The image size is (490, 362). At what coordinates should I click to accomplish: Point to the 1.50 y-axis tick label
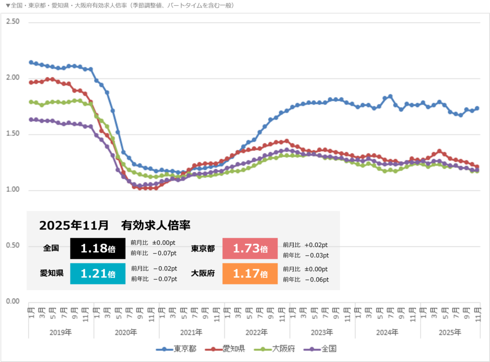pyautogui.click(x=12, y=134)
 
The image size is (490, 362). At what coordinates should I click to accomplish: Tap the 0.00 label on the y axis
pyautogui.click(x=12, y=301)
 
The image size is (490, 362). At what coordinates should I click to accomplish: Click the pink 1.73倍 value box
pyautogui.click(x=250, y=249)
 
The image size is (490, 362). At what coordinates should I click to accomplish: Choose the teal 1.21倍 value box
pyautogui.click(x=98, y=274)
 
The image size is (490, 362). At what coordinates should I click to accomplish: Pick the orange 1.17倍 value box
pyautogui.click(x=250, y=274)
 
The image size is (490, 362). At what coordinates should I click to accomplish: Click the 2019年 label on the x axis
pyautogui.click(x=61, y=332)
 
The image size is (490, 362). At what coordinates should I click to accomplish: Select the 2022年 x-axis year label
pyautogui.click(x=257, y=332)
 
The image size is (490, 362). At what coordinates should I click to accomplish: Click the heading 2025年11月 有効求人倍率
pyautogui.click(x=115, y=225)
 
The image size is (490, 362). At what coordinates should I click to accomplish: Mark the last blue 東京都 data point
pyautogui.click(x=477, y=108)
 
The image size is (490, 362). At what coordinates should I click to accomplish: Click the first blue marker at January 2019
pyautogui.click(x=31, y=62)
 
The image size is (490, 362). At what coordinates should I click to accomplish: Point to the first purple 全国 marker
pyautogui.click(x=31, y=119)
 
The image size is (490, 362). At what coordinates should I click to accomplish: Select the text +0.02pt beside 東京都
pyautogui.click(x=313, y=244)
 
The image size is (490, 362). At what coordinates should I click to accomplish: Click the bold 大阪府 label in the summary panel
pyautogui.click(x=203, y=274)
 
